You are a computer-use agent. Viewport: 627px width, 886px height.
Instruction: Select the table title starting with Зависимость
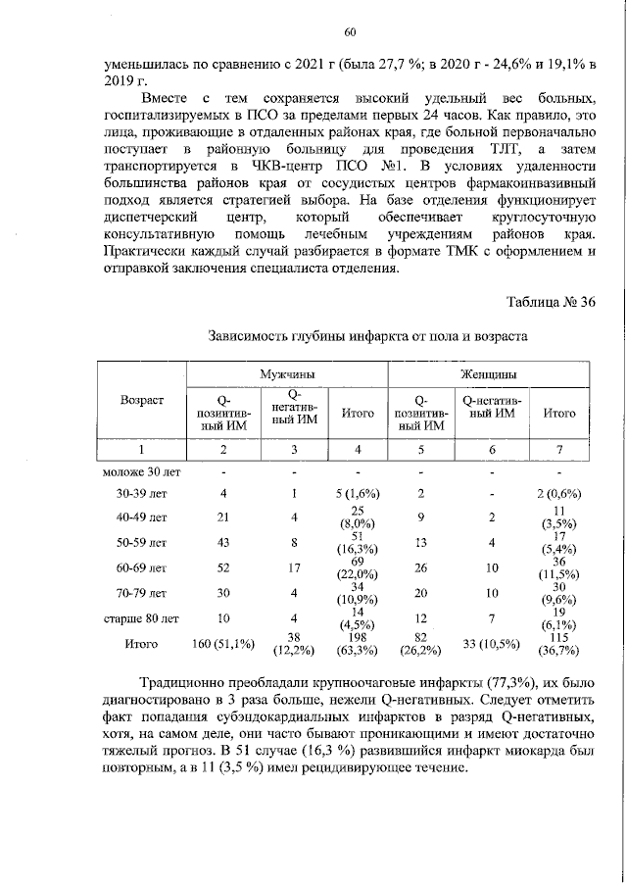point(368,336)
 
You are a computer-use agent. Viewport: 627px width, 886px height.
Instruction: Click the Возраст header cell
point(141,400)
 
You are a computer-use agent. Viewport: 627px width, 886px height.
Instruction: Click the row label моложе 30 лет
point(141,471)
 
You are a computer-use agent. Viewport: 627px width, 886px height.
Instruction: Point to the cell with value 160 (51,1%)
point(223,644)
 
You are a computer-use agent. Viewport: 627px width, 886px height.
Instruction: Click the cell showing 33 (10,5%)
point(490,644)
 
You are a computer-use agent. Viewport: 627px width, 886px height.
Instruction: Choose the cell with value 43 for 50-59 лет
point(223,542)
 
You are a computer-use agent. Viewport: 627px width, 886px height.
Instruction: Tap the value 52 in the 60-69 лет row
point(223,567)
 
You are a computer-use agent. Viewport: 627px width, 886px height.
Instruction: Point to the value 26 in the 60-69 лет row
point(419,567)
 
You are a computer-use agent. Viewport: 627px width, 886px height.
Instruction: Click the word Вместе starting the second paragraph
point(164,100)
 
